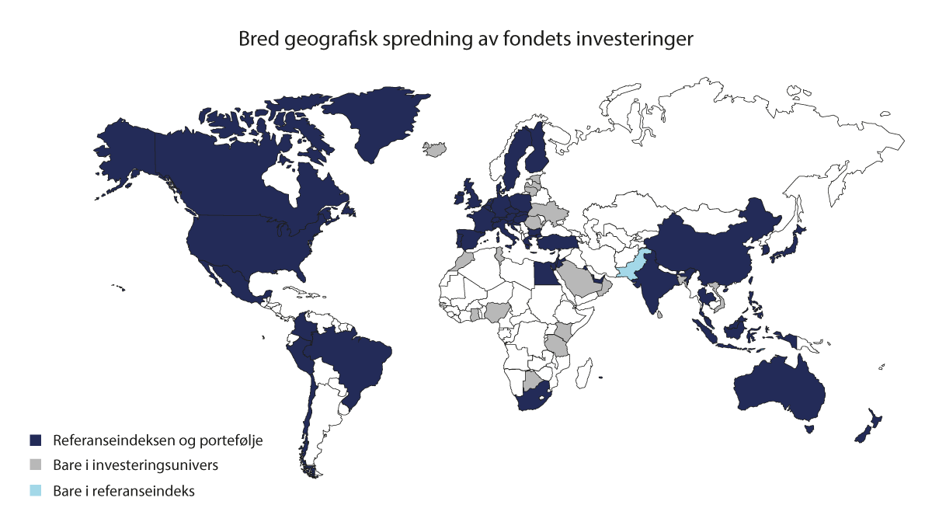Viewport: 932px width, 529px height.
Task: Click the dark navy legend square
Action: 35,440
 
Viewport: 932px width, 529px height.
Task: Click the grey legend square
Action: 35,465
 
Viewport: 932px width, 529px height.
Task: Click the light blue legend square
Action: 35,491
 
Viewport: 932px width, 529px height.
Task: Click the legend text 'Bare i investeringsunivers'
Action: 123,465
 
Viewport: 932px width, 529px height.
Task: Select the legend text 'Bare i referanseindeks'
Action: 113,491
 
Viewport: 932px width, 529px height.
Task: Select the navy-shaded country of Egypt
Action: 544,273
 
